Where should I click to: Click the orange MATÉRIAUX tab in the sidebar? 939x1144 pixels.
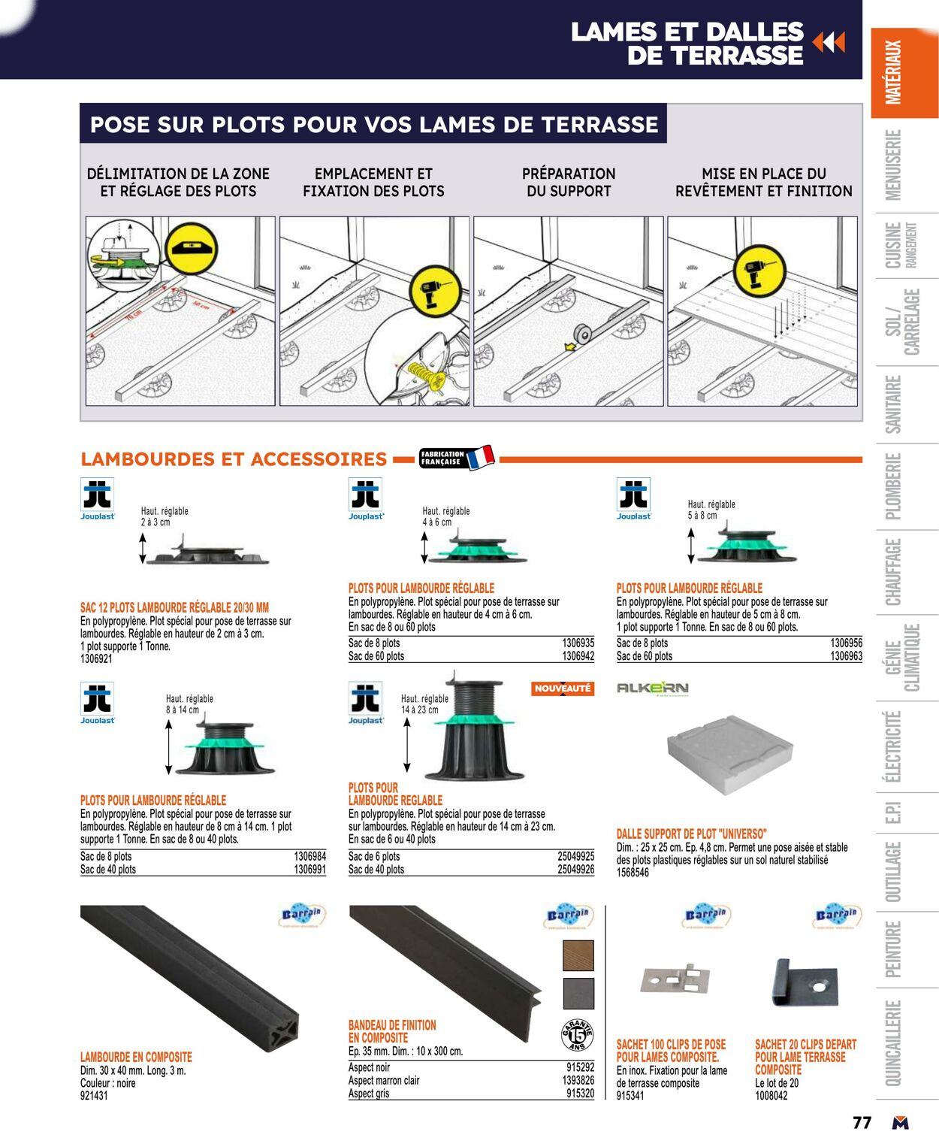coord(904,73)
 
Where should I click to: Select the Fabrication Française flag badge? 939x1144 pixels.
coord(457,458)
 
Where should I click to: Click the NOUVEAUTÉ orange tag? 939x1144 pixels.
coord(563,689)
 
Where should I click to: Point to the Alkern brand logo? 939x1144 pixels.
coord(652,688)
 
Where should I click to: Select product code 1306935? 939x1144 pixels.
coord(578,643)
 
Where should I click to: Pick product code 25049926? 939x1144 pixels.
coord(575,870)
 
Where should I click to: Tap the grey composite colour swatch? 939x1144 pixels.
coord(578,993)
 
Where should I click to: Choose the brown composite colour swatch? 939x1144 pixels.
coord(578,955)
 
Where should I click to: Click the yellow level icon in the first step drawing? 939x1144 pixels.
coord(191,247)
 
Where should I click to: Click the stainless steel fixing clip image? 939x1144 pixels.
coord(675,979)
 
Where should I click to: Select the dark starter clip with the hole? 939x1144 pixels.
coord(805,983)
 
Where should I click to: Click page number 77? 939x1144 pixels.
coord(862,1123)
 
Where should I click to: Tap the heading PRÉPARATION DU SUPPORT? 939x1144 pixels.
coord(569,183)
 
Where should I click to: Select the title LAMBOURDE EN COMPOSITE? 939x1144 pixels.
coord(136,1057)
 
